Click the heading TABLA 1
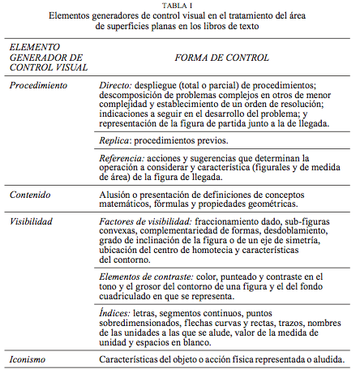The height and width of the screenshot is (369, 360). tap(181, 5)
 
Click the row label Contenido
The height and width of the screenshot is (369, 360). tap(30, 195)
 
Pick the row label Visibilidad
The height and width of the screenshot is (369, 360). tap(33, 221)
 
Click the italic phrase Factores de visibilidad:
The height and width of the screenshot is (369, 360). tap(144, 221)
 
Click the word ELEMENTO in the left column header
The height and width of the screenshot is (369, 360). tap(35, 49)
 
